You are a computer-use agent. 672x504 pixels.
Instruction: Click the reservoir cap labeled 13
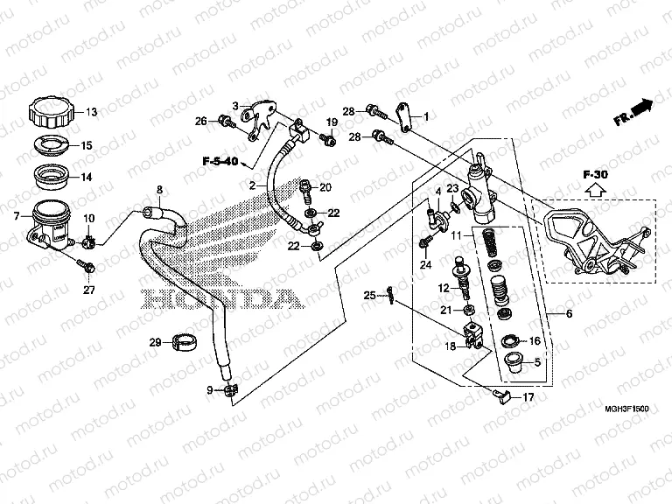pos(52,113)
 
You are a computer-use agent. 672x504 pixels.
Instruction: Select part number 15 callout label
pos(87,145)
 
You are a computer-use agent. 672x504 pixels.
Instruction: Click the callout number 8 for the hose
pos(159,190)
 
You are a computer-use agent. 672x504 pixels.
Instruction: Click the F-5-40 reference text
pos(220,161)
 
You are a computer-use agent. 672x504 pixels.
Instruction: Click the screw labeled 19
pos(327,140)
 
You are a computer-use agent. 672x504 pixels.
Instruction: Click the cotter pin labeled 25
pos(393,296)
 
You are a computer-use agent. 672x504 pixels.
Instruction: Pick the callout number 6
pos(570,314)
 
